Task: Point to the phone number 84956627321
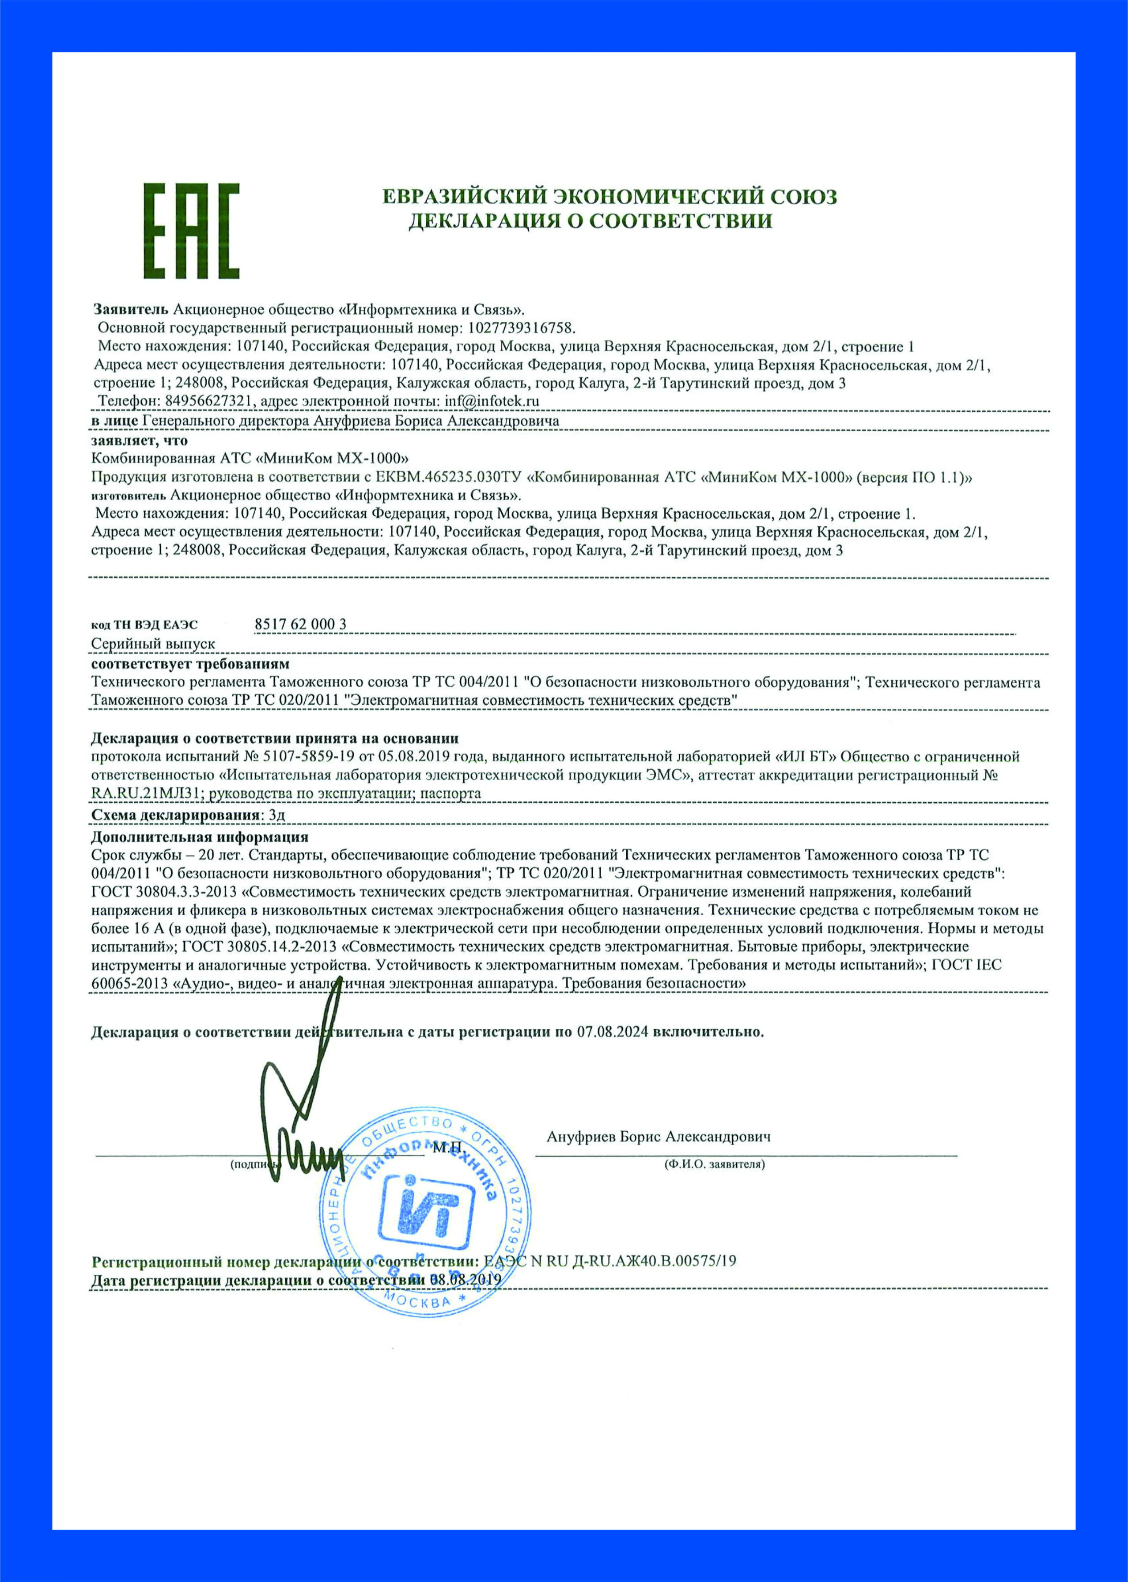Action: click(x=208, y=402)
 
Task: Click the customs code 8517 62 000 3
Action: click(x=300, y=624)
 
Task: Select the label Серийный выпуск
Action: click(x=153, y=644)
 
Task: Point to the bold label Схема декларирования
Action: click(x=176, y=814)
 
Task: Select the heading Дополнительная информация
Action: click(x=199, y=837)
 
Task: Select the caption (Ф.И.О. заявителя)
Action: click(x=714, y=1164)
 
